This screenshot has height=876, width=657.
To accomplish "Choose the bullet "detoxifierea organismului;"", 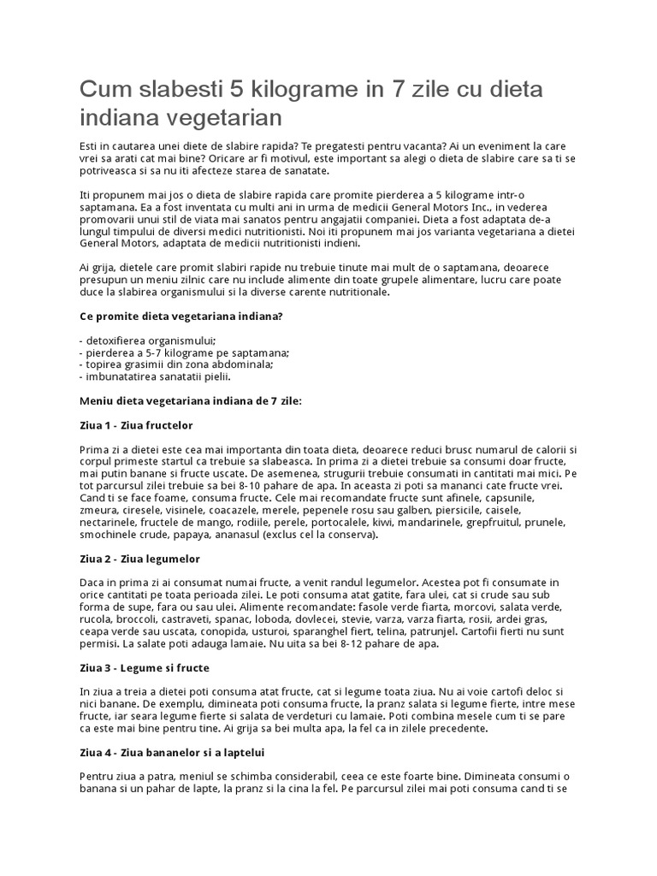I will click(146, 340).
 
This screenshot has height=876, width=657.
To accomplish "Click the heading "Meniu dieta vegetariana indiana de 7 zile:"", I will click(190, 400).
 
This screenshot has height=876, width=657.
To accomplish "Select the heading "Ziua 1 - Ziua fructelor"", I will click(136, 424).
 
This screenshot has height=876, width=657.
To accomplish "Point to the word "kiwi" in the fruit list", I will click(450, 522).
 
